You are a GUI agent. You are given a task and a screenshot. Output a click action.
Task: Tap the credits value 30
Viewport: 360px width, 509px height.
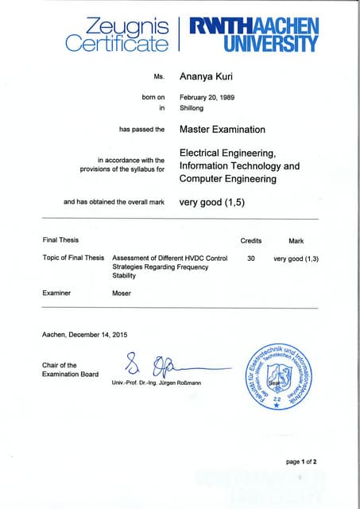pos(250,258)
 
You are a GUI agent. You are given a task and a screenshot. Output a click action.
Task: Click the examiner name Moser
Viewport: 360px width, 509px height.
pos(122,293)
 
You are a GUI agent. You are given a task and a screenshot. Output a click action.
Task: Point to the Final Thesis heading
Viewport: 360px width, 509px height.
pos(60,240)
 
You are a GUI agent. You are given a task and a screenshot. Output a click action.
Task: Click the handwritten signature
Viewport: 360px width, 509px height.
pos(159,366)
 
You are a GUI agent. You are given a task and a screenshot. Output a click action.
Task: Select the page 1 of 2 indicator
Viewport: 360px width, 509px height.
pos(301,461)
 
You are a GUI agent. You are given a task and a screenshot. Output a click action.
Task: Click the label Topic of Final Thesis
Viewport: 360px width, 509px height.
pos(73,258)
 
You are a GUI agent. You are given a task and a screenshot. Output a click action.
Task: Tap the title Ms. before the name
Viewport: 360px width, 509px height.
pos(158,77)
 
